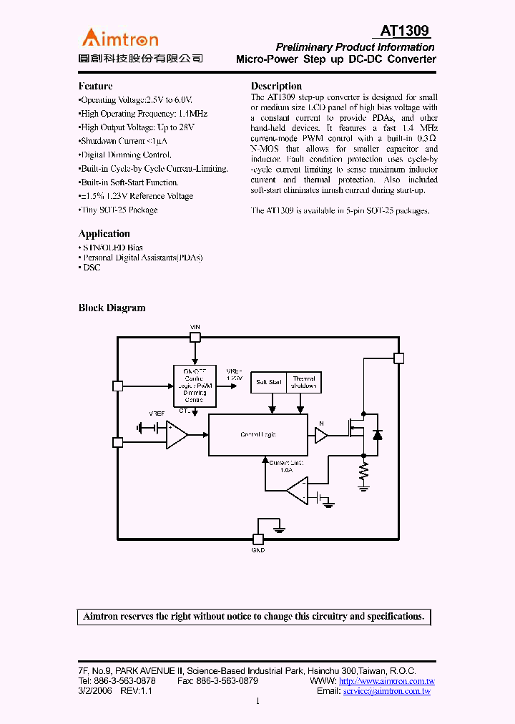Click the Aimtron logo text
click(x=120, y=39)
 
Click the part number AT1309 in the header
click(x=404, y=31)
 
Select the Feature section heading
click(x=95, y=86)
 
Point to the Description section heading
click(x=276, y=86)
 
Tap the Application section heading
click(x=104, y=233)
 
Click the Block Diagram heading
click(x=112, y=308)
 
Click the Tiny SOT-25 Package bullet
click(x=118, y=210)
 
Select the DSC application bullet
click(x=91, y=268)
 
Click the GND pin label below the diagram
click(x=258, y=550)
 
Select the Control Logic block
click(x=257, y=435)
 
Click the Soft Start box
click(x=269, y=382)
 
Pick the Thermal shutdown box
click(x=303, y=382)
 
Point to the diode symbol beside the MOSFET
click(x=378, y=434)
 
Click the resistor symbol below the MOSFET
click(x=363, y=471)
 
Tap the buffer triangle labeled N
click(x=321, y=434)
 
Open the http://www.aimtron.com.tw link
click(x=386, y=682)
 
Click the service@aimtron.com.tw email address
click(x=386, y=692)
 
